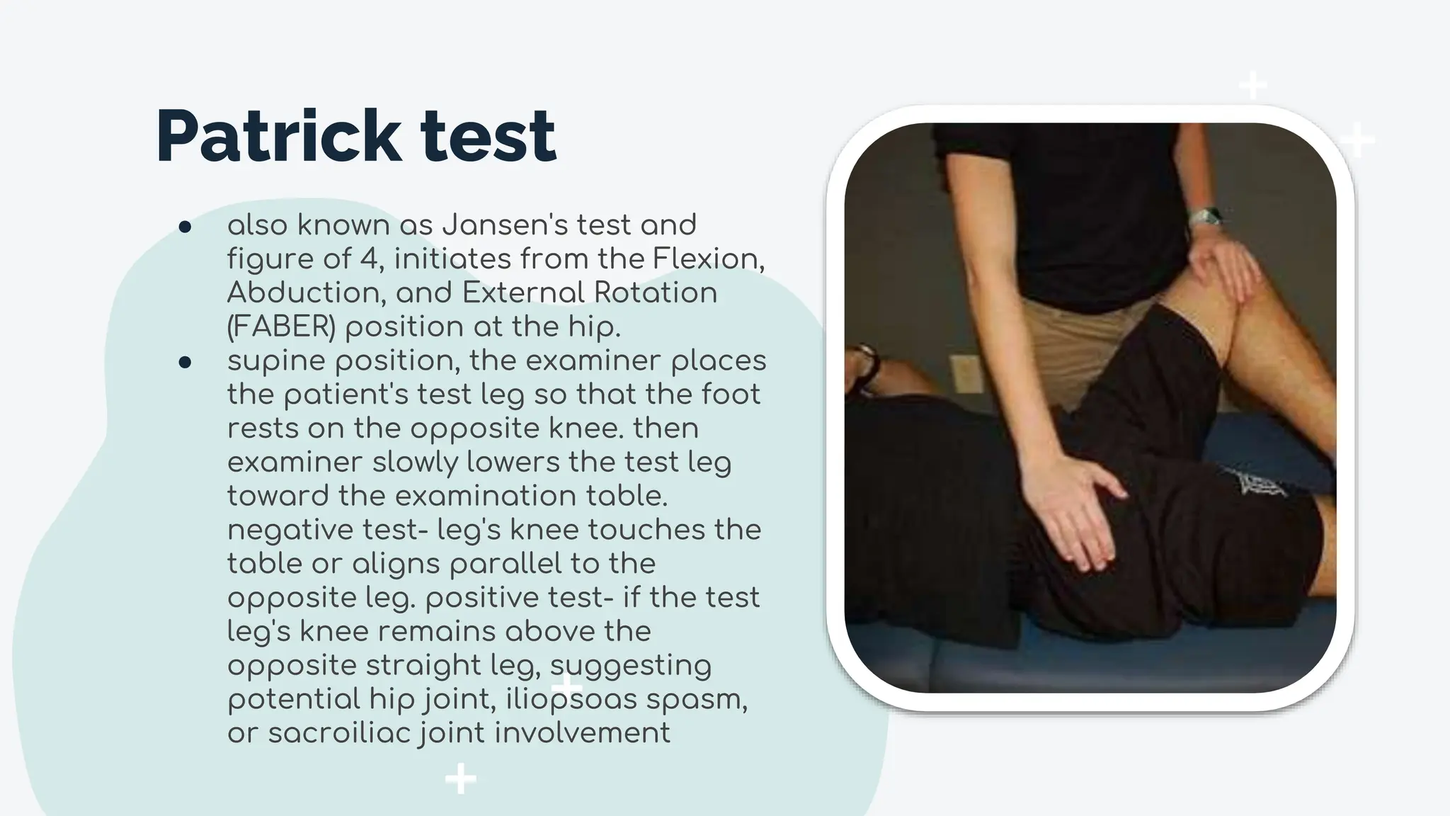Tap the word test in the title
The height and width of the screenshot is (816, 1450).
click(488, 136)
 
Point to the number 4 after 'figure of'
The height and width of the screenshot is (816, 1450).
click(368, 259)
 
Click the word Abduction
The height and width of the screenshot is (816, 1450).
click(306, 293)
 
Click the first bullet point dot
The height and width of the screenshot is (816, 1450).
click(185, 227)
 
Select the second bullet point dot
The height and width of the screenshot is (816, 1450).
click(185, 363)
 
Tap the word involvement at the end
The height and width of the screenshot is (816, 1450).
click(582, 733)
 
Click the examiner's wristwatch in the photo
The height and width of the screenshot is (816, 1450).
click(1205, 216)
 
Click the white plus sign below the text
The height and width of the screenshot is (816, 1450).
click(460, 779)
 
